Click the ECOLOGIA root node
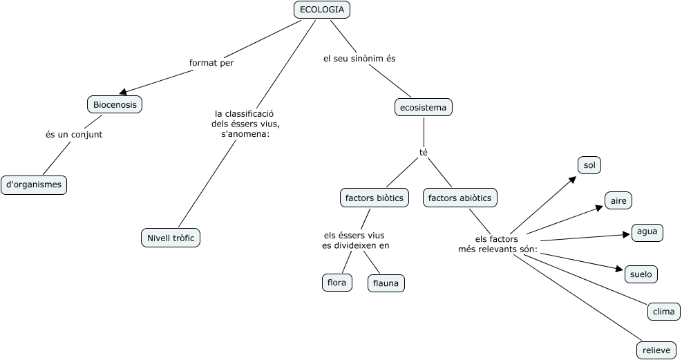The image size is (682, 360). point(322,10)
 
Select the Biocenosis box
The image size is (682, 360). point(115,105)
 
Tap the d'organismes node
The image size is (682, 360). point(34,184)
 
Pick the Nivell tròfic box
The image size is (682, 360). point(171,238)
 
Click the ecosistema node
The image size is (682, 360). point(423,107)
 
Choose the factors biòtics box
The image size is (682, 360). point(374,198)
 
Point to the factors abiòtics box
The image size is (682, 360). point(460,198)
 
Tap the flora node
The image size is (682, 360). point(337,283)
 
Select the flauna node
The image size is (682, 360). point(386,283)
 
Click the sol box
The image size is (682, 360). point(589,165)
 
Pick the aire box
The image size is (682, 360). point(618,200)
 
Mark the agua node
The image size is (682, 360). point(647,232)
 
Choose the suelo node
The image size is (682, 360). point(641,274)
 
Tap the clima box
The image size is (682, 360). point(664,312)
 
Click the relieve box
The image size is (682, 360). point(656,350)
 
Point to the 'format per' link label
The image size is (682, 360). point(211,63)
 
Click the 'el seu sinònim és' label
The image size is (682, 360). point(359,58)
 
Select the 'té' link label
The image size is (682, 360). point(423,153)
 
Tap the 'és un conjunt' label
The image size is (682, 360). point(74,135)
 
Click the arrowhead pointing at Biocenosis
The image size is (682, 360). point(123,91)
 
